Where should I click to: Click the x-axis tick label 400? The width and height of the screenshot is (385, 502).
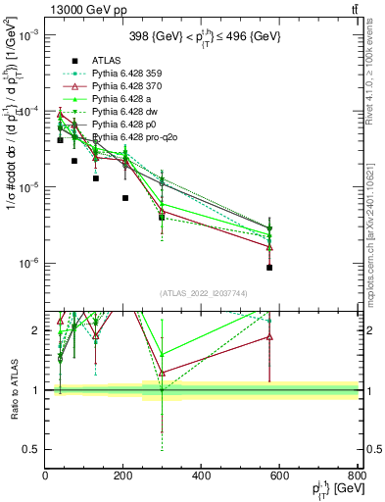202,477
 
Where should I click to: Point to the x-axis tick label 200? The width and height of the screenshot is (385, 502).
123,477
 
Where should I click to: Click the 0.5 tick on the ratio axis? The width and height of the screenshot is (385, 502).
31,449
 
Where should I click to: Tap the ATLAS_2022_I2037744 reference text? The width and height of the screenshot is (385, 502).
202,293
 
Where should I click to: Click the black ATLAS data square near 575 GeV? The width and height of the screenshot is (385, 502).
269,267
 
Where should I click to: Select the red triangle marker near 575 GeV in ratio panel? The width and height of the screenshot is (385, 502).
269,337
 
